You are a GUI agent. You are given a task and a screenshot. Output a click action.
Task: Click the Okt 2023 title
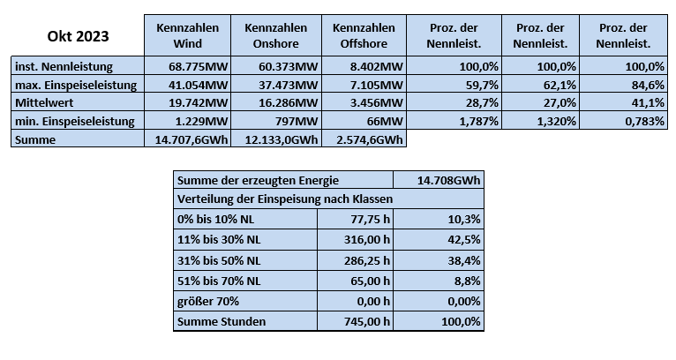tap(78, 36)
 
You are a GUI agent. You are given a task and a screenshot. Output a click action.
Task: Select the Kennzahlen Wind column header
tap(188, 35)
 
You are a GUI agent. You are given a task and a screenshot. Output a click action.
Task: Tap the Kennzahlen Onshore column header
tap(276, 35)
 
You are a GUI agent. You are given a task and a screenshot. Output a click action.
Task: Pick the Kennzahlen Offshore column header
tap(364, 35)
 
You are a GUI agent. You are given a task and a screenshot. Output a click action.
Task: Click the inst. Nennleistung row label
tap(64, 66)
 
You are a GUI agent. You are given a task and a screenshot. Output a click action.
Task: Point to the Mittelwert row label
tap(44, 102)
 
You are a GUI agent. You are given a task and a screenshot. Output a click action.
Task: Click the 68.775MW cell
tap(198, 66)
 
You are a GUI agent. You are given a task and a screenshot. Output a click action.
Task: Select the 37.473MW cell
tap(288, 85)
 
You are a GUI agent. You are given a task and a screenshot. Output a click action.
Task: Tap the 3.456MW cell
tap(376, 102)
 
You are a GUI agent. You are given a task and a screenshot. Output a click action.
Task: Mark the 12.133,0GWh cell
tap(282, 139)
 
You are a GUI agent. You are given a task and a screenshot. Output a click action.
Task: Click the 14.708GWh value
tap(448, 180)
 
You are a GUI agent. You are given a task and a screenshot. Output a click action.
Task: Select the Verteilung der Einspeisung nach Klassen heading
tap(285, 199)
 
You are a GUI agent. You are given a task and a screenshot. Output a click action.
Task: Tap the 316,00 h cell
tap(366, 239)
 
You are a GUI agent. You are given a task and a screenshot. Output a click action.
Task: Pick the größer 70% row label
tap(207, 301)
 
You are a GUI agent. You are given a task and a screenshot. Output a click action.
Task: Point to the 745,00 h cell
tap(366, 322)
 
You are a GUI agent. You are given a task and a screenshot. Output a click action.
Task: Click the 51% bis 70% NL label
tap(219, 281)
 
